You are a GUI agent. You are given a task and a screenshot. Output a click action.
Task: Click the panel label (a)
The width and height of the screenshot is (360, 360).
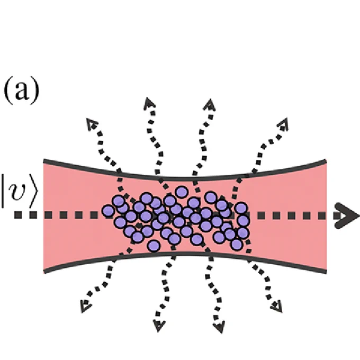pos(22,90)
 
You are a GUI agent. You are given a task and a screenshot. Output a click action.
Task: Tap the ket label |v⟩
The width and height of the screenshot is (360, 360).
pos(19,191)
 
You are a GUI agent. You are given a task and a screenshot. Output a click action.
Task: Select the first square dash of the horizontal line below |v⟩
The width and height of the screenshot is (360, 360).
pos(18,215)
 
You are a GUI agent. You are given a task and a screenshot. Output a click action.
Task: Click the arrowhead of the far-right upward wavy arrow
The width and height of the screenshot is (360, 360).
pos(283,124)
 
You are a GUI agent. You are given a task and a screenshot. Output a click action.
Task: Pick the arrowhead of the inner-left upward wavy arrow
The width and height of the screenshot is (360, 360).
pos(149,104)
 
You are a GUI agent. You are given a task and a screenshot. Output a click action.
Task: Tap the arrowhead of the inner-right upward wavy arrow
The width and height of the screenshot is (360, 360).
pos(210,105)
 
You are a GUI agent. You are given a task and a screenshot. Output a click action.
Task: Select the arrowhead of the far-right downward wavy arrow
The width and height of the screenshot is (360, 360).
pos(277,307)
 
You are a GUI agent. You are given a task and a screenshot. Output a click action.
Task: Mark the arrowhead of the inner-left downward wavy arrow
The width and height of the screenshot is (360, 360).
pos(159,326)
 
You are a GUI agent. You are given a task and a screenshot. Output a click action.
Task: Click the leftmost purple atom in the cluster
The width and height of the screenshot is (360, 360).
pos(108,211)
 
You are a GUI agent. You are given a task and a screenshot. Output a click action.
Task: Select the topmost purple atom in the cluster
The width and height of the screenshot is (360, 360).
pos(182,192)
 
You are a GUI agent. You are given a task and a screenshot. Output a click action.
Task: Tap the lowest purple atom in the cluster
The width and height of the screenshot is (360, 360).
pos(154,246)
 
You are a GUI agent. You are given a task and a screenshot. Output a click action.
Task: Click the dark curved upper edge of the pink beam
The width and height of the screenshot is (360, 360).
pos(185,178)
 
